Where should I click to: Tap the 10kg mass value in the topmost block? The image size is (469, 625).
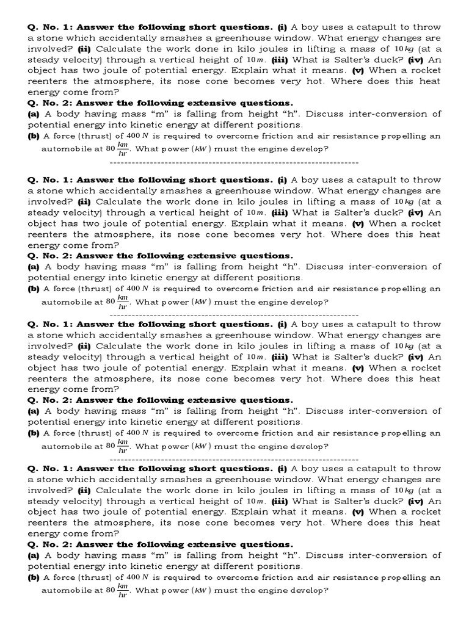click(405, 49)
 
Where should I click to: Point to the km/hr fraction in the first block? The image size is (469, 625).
click(123, 148)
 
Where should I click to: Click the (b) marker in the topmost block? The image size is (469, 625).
click(34, 136)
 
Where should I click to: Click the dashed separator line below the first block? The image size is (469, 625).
click(234, 163)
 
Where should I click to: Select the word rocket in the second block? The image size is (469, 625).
click(426, 223)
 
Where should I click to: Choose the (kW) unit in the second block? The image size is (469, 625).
click(202, 302)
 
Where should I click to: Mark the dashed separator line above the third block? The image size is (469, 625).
click(234, 314)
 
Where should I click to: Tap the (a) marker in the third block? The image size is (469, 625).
click(34, 411)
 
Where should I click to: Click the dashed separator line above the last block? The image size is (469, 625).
click(234, 458)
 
